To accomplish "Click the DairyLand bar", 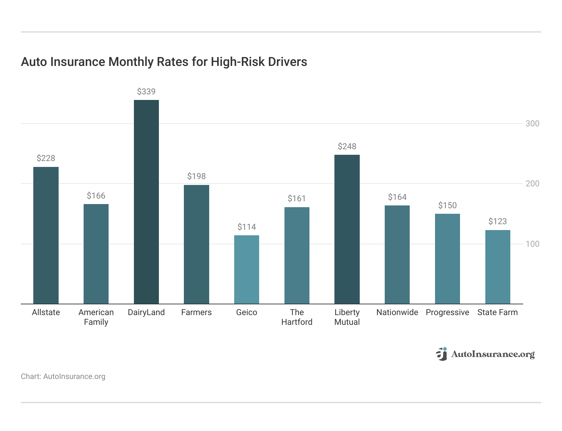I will (x=146, y=202).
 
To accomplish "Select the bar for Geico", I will (x=247, y=270).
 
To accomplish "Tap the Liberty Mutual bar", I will (x=347, y=229).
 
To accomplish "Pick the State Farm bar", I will (x=497, y=267).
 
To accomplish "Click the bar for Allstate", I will (x=46, y=235).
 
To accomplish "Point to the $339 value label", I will (x=146, y=92).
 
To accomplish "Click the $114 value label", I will (x=247, y=227).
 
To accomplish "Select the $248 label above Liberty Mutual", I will (x=347, y=146).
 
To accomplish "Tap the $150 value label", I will (x=447, y=205).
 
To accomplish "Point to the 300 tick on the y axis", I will (x=532, y=124).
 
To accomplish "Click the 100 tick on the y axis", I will (x=532, y=244).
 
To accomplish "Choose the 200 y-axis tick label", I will (x=532, y=184).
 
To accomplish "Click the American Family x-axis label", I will (x=96, y=317).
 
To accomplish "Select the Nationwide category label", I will (x=397, y=312).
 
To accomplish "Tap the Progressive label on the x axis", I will (x=447, y=312).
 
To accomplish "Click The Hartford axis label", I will (x=297, y=317).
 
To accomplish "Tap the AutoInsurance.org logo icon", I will (x=442, y=354).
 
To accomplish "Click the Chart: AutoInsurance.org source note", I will (x=63, y=377).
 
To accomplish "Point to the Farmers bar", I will (x=196, y=244).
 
